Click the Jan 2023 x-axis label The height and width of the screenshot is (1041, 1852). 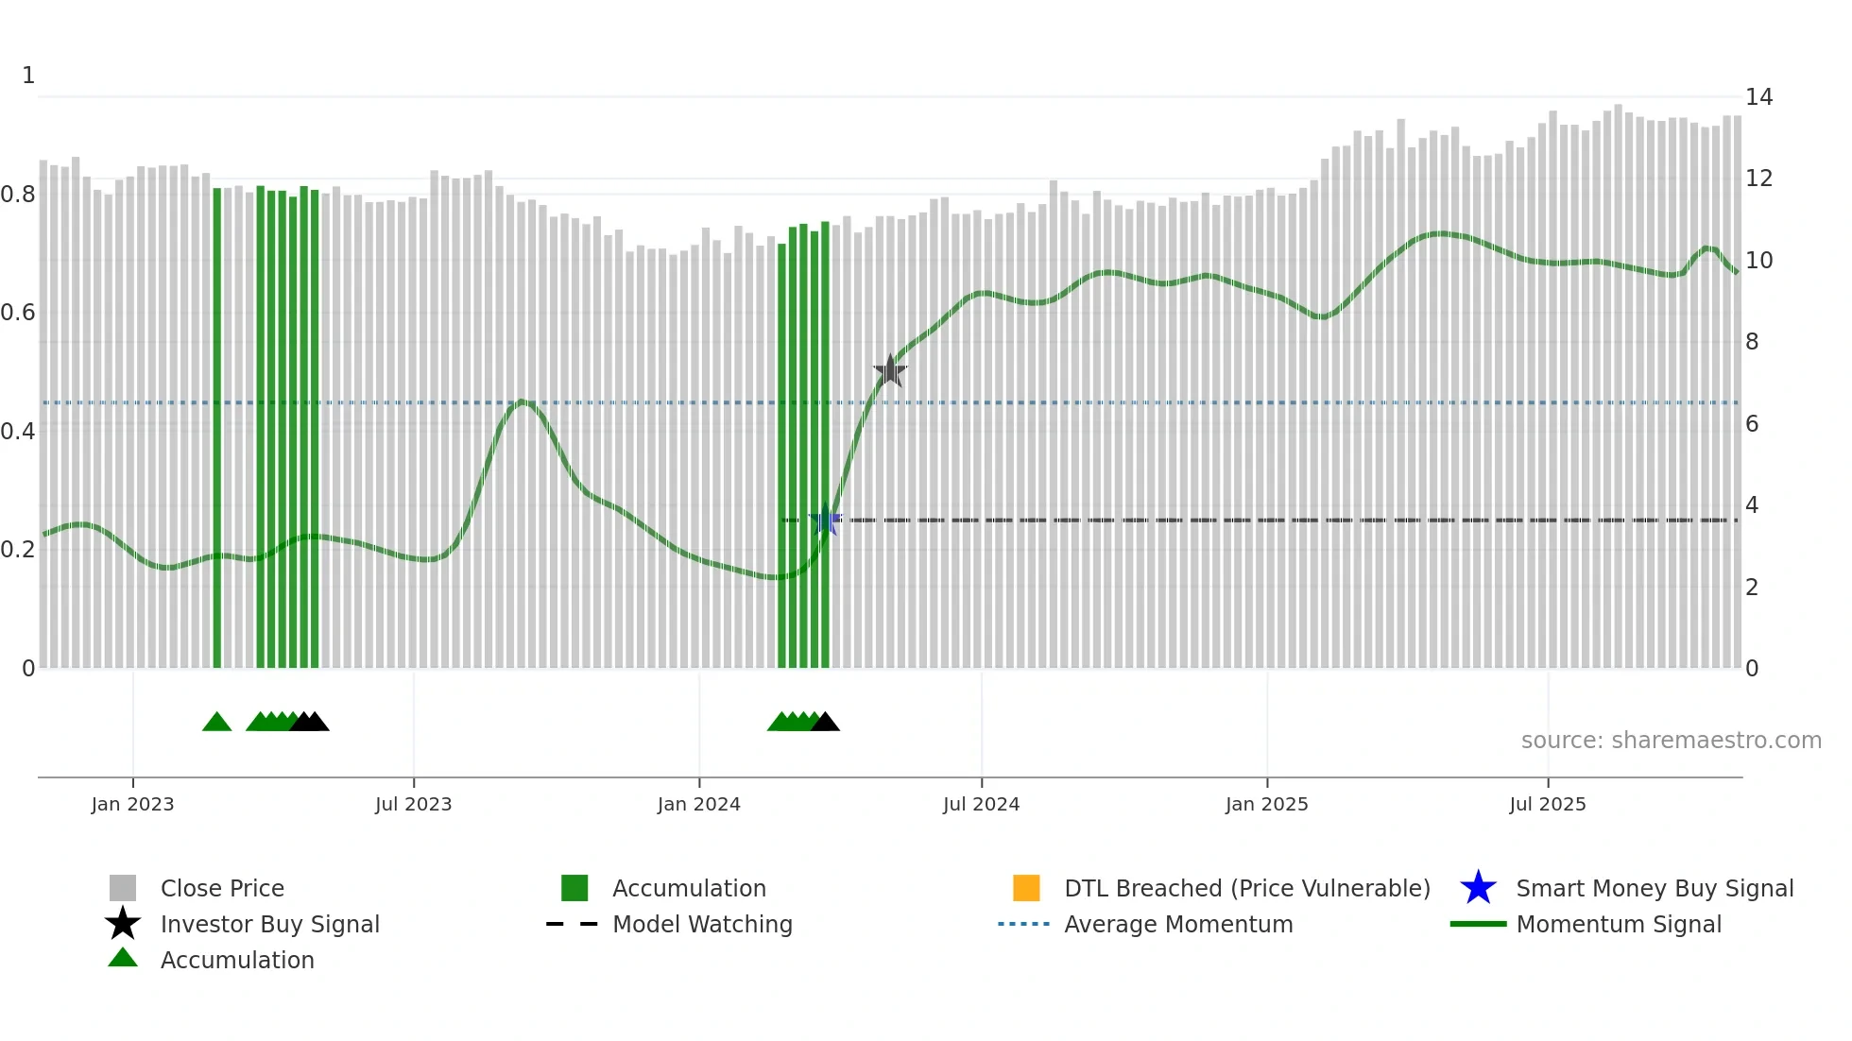coord(132,804)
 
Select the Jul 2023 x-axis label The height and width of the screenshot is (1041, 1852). coord(413,804)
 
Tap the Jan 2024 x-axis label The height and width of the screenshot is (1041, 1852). coord(698,804)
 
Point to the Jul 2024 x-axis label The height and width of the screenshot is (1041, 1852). coord(981,804)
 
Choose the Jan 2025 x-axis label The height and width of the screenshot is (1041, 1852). coord(1266,804)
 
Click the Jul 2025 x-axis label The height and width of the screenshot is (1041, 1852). coord(1547,804)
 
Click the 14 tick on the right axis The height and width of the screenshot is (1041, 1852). coord(1758,96)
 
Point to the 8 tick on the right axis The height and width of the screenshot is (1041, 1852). coord(1752,341)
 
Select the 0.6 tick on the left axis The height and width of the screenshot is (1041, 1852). coord(18,312)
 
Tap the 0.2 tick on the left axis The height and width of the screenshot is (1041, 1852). coord(18,549)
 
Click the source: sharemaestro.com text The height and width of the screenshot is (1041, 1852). coord(1671,740)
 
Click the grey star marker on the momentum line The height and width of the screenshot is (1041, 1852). coord(889,371)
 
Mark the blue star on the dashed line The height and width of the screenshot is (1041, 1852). coord(826,520)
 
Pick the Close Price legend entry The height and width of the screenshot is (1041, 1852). coord(221,888)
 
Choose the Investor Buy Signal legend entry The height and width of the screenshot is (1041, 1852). coord(269,924)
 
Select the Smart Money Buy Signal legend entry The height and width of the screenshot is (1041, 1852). coord(1654,888)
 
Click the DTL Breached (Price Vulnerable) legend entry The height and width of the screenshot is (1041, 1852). coord(1246,888)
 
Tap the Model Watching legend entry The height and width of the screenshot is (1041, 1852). coord(701,924)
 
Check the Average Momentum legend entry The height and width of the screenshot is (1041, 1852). coord(1177,924)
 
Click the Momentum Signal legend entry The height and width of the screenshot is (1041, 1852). coord(1618,924)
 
